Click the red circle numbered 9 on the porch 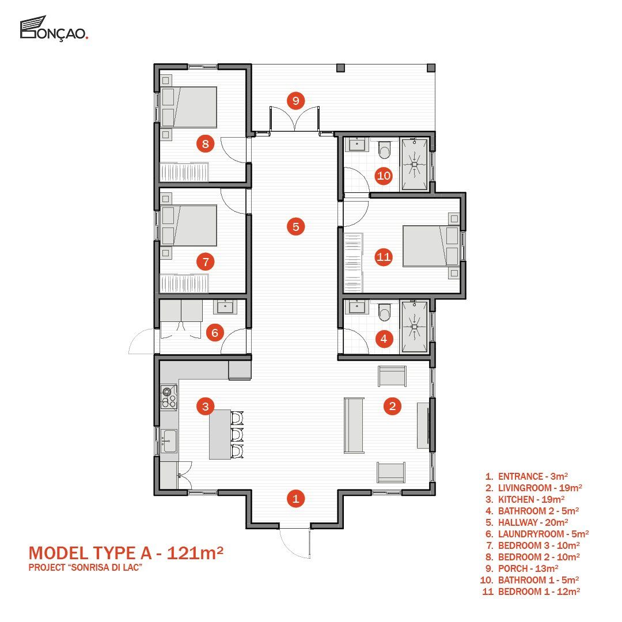[x=295, y=101]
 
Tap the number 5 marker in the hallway [x=295, y=227]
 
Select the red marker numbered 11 [x=384, y=257]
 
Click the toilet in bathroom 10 [x=384, y=149]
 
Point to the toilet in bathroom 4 [x=384, y=312]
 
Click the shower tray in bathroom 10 [x=414, y=164]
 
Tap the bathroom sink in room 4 [x=356, y=306]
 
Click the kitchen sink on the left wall [x=169, y=441]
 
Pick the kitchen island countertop [x=220, y=434]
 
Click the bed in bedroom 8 [x=189, y=107]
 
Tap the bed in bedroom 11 [x=431, y=246]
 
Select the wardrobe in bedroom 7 [x=184, y=283]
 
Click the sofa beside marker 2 [x=354, y=425]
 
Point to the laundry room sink [x=225, y=306]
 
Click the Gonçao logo [x=54, y=28]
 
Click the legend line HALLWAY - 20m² [x=527, y=522]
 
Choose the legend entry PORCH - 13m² [x=522, y=568]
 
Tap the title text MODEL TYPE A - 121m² [x=126, y=552]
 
